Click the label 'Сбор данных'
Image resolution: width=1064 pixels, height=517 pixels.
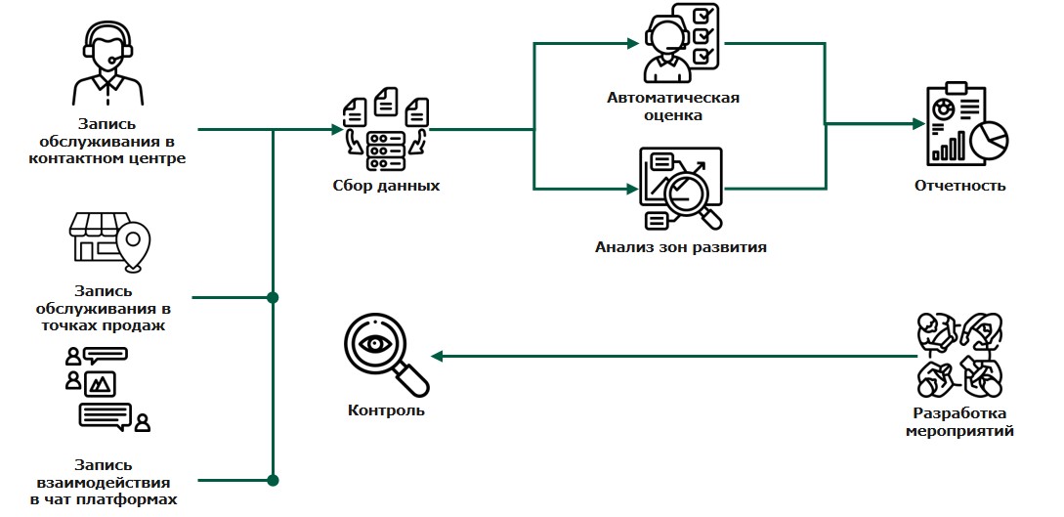386,186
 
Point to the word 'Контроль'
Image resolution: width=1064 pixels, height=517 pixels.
386,410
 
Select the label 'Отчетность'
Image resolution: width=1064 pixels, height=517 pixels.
959,186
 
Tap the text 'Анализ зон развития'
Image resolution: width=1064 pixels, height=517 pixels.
680,247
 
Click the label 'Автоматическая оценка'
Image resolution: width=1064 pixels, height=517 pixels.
673,106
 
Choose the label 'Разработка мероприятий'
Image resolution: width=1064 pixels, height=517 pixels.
959,421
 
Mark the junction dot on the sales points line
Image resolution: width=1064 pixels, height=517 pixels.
273,296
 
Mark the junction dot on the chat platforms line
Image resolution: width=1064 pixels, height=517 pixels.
273,480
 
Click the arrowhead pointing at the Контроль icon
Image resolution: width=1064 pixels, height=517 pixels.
436,357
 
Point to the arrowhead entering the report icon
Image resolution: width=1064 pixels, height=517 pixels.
918,124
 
